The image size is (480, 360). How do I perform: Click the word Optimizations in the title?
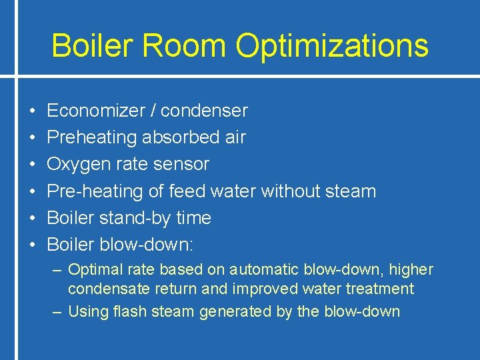332,46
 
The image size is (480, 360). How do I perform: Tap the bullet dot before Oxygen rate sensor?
32,165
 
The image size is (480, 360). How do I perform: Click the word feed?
187,191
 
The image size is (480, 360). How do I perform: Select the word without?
291,191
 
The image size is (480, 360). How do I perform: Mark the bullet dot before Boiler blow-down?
32,245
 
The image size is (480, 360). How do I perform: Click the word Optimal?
95,270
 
